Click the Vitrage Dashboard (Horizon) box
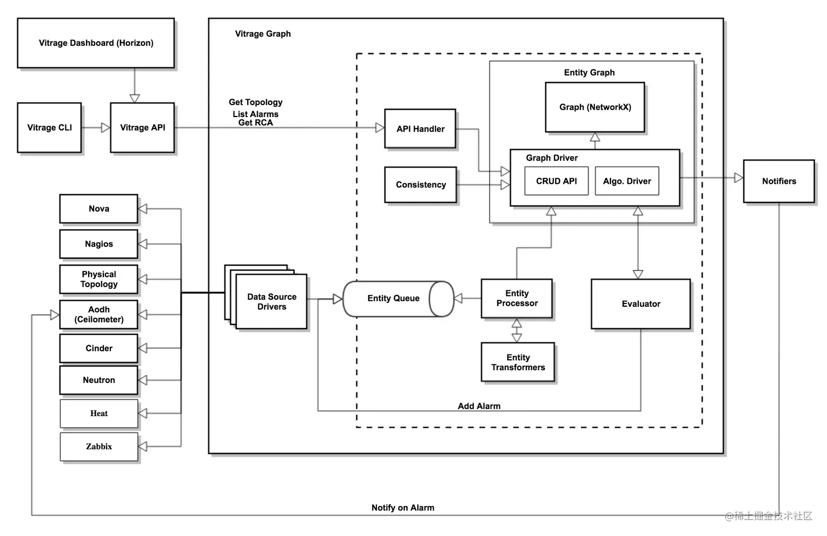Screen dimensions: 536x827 [x=96, y=43]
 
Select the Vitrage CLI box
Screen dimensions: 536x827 [x=49, y=127]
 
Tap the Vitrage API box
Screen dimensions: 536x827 [x=142, y=127]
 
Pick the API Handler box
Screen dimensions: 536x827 [x=420, y=129]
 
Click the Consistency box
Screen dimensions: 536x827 [x=420, y=185]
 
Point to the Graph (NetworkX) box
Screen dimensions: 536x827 [x=595, y=107]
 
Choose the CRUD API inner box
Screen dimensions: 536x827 [x=556, y=181]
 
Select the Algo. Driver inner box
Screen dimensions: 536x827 [x=627, y=181]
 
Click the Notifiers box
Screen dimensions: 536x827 [x=778, y=181]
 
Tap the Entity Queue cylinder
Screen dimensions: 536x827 [x=394, y=299]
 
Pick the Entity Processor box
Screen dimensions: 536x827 [x=516, y=299]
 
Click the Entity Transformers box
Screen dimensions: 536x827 [x=517, y=362]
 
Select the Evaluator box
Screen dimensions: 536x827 [x=640, y=304]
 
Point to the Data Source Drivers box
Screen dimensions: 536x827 [x=271, y=302]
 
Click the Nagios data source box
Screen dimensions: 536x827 [x=98, y=244]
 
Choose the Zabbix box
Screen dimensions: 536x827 [x=98, y=447]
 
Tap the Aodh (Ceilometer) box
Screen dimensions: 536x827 [x=98, y=314]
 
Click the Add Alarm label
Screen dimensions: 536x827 [x=479, y=406]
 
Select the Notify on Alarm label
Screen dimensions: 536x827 [x=403, y=508]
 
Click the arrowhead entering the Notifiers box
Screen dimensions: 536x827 [x=738, y=178]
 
